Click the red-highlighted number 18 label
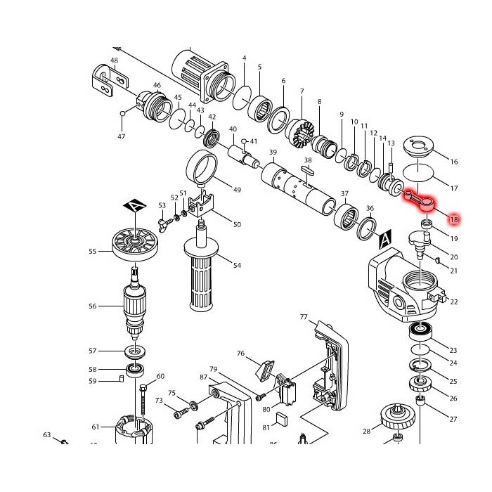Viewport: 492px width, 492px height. (454, 220)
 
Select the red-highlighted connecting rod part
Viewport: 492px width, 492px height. (422, 203)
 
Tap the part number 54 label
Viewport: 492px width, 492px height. (238, 265)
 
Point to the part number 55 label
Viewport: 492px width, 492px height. (92, 251)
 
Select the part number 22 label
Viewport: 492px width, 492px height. (454, 302)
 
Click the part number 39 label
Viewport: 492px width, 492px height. (273, 153)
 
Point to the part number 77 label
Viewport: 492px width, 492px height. (304, 317)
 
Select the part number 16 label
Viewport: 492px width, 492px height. (454, 162)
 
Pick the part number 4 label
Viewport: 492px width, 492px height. (244, 58)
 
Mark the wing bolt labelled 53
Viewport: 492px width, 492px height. (165, 224)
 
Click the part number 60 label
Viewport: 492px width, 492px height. (160, 376)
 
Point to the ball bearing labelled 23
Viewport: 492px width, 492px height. (421, 330)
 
